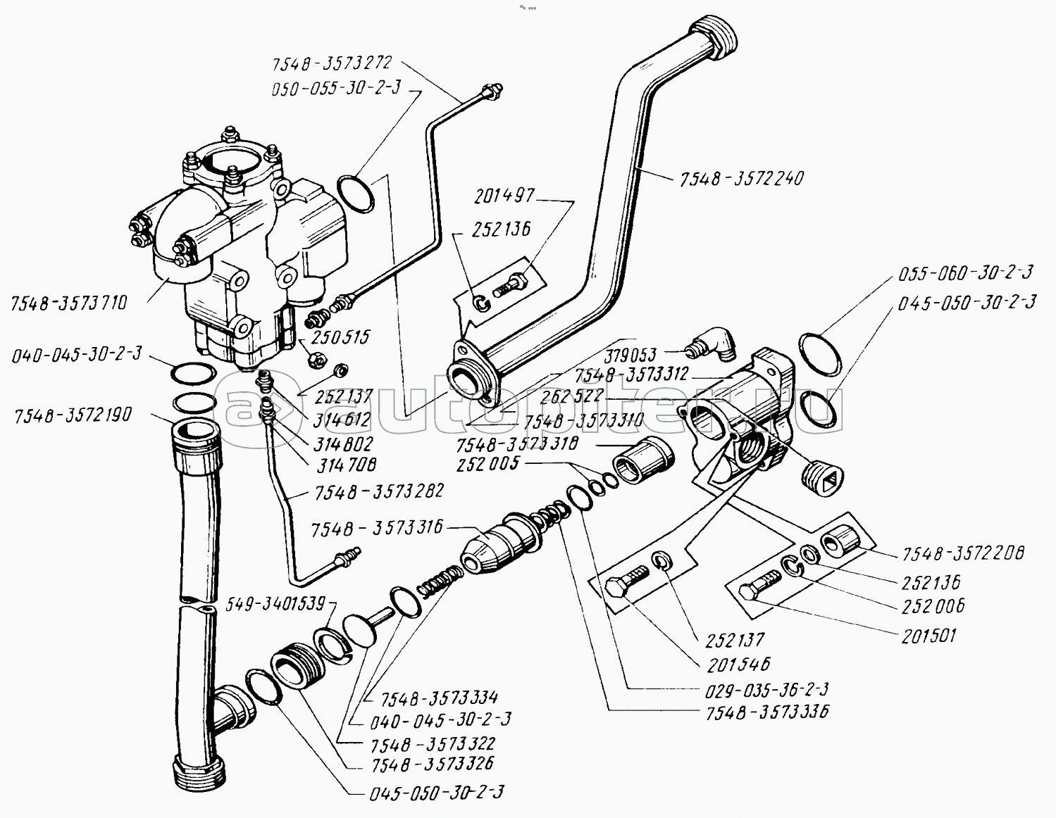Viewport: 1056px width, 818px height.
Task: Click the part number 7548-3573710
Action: [x=69, y=303]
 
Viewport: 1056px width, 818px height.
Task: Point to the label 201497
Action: [x=504, y=196]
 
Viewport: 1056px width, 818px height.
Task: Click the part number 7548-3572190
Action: [x=73, y=415]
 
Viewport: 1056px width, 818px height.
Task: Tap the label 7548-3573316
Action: [x=377, y=528]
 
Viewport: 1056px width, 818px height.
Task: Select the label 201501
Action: [x=928, y=635]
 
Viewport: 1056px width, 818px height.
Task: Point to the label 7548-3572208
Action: [x=964, y=554]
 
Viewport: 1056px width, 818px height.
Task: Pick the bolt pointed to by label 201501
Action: [x=762, y=585]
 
